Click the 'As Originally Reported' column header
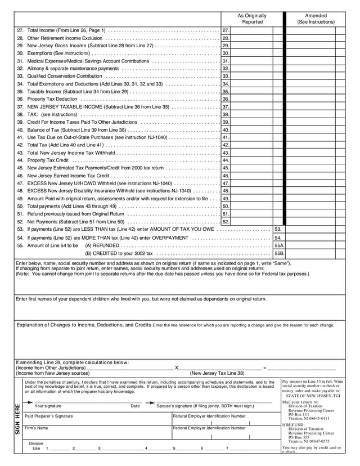[252, 19]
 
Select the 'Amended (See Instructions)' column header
[316, 19]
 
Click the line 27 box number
[226, 30]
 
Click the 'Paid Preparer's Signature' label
[53, 416]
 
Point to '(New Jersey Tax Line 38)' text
[217, 373]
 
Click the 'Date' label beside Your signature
[135, 406]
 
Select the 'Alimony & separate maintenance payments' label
[73, 68]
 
